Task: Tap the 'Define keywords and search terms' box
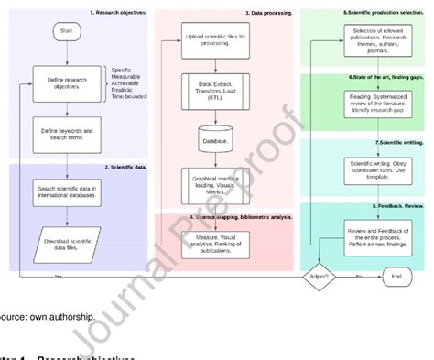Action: click(66, 132)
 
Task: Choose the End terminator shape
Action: click(394, 276)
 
